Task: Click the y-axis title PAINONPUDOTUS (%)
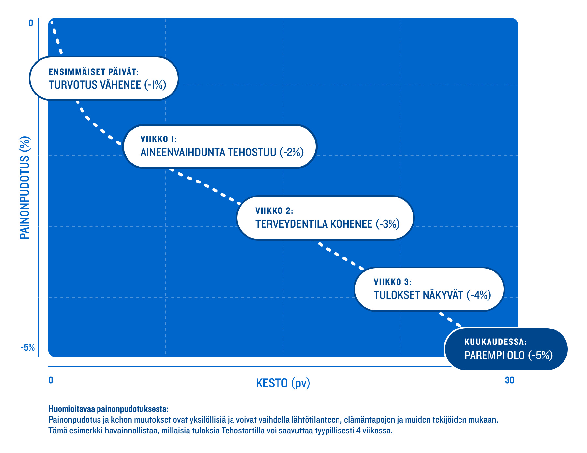click(25, 187)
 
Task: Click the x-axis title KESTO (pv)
click(283, 383)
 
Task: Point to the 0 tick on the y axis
click(31, 23)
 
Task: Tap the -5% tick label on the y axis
click(28, 348)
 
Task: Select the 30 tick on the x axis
click(509, 380)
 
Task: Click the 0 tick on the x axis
click(51, 380)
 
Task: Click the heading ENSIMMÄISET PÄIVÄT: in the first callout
click(94, 72)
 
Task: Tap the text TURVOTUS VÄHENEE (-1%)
click(107, 85)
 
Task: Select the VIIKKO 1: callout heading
click(158, 139)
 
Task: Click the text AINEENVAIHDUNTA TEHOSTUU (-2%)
click(222, 152)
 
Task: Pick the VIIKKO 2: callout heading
click(274, 211)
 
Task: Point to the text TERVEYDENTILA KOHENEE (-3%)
click(327, 224)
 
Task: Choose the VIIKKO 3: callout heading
click(392, 282)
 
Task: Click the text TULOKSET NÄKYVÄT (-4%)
click(432, 295)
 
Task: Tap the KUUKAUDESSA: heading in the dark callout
click(495, 342)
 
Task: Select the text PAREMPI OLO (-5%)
click(508, 355)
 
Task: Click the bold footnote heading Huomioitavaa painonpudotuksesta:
click(108, 409)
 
